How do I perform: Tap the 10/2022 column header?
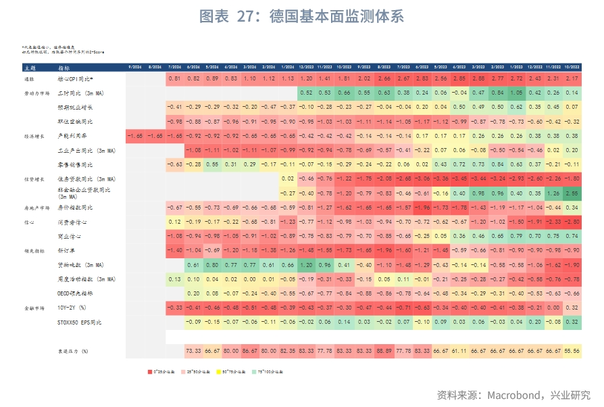click(572, 68)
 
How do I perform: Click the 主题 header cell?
click(29, 68)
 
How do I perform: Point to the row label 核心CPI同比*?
click(72, 80)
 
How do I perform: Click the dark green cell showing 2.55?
click(572, 193)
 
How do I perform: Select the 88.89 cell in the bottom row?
click(384, 351)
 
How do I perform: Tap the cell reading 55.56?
click(572, 351)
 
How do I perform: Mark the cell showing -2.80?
click(572, 222)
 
